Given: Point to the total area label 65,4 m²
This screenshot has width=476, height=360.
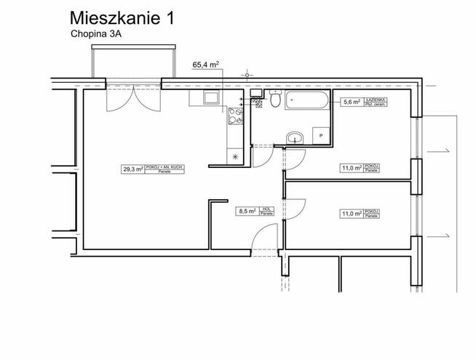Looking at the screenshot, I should tap(206, 65).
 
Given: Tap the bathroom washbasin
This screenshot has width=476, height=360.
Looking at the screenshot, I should tap(295, 137).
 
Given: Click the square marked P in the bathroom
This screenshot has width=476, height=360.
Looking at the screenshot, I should tap(319, 135).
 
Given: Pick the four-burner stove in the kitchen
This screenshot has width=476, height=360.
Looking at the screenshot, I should tap(236, 115).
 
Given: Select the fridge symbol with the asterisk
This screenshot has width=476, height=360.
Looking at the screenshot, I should tap(235, 156).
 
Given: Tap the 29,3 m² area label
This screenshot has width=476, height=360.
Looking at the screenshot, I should tap(154, 169).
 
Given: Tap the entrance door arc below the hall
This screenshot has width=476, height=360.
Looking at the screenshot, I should tap(262, 236).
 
